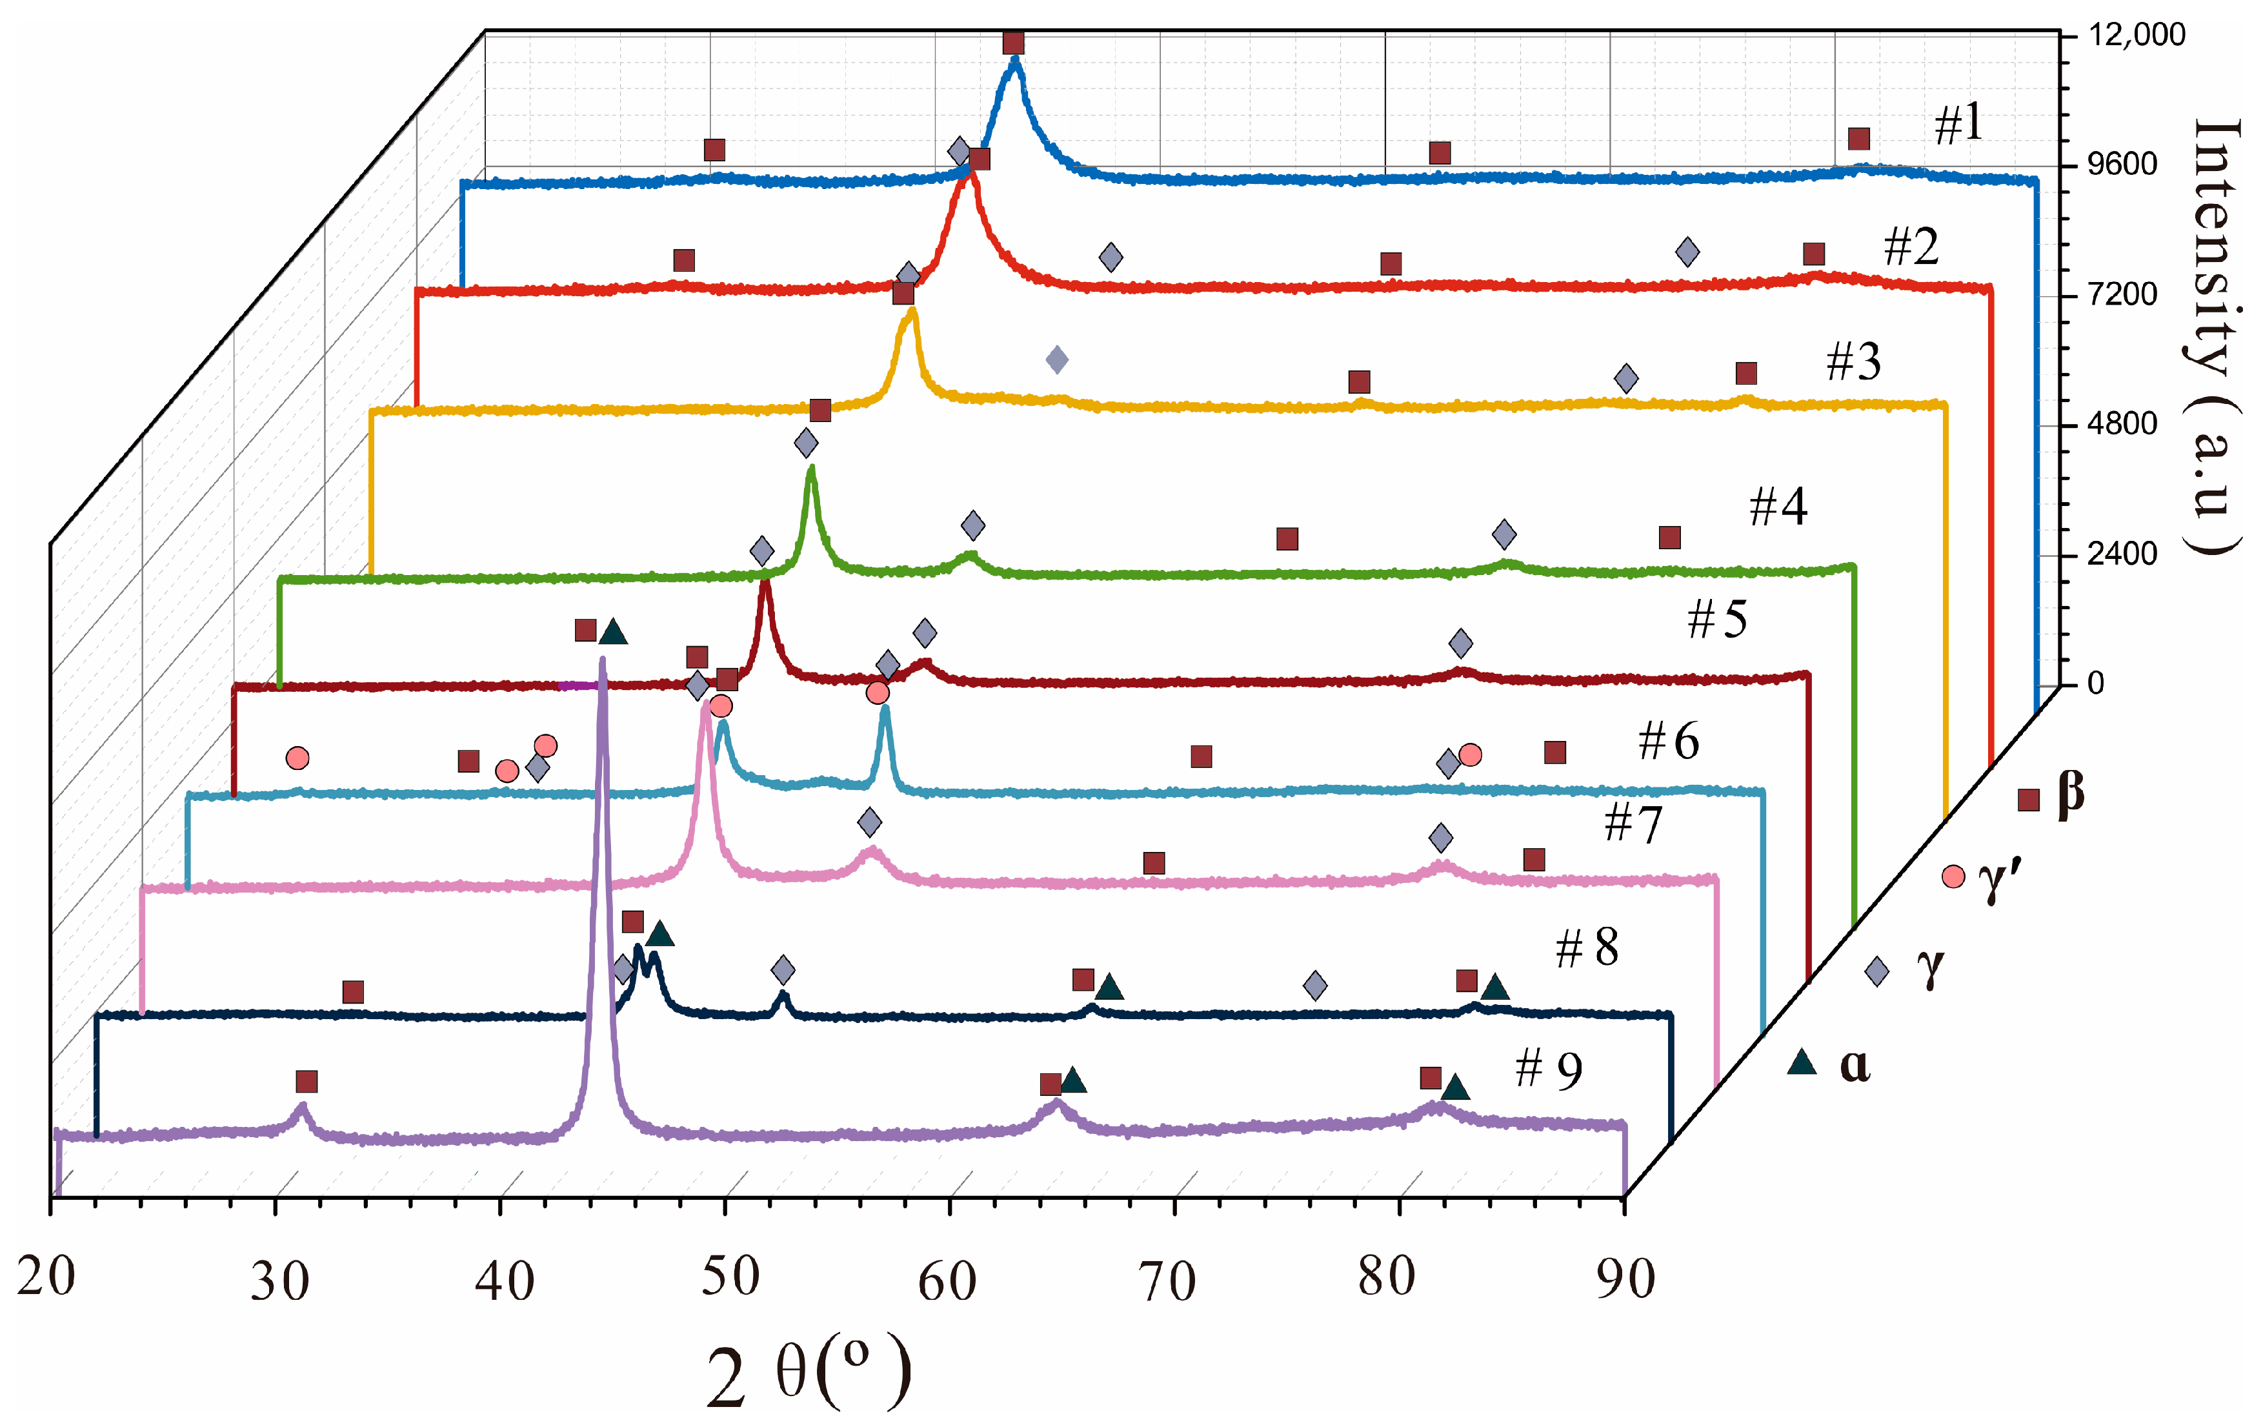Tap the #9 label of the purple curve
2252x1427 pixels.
click(x=1548, y=1069)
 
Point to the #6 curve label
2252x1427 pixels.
click(x=1669, y=742)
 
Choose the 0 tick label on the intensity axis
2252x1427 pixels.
click(x=2096, y=683)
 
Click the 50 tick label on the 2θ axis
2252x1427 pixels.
click(x=729, y=1277)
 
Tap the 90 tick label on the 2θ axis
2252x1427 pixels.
click(x=1625, y=1279)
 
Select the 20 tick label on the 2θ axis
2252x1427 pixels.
click(x=46, y=1277)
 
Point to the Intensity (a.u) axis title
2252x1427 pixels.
click(x=2215, y=337)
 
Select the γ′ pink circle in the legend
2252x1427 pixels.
click(x=1953, y=876)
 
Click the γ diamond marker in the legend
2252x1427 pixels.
click(x=1876, y=971)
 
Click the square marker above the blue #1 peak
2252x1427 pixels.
click(x=1013, y=43)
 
